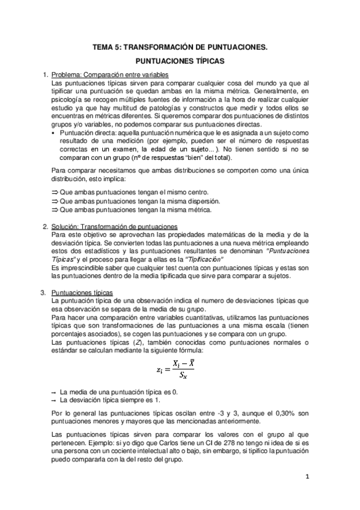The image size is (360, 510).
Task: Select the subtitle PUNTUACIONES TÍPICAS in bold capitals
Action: [180, 61]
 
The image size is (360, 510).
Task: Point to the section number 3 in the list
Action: [43, 292]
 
